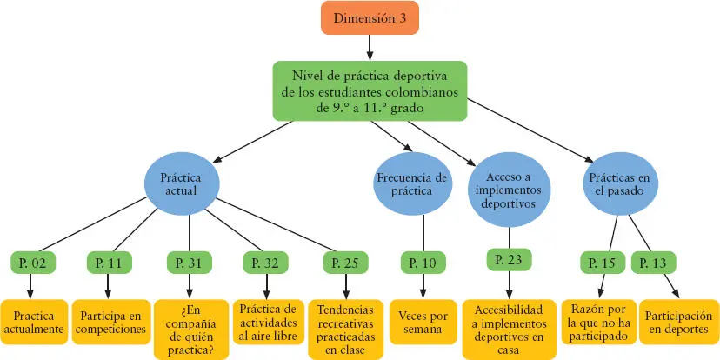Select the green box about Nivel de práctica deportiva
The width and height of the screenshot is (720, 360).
[x=370, y=90]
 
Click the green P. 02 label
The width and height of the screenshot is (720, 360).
[x=31, y=261]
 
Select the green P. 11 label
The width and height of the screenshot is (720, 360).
[x=109, y=261]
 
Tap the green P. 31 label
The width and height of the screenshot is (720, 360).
[x=189, y=261]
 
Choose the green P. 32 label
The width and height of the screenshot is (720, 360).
[x=266, y=261]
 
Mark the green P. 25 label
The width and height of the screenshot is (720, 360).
[x=345, y=261]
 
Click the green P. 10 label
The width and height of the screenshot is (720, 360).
[x=423, y=261]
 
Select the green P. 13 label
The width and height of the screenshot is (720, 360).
[x=653, y=261]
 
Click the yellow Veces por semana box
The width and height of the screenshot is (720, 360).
[x=423, y=323]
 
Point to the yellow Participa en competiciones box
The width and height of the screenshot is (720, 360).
[x=109, y=323]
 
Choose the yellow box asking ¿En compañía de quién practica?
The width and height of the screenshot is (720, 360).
[x=191, y=330]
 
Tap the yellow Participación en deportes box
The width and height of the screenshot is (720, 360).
[x=681, y=323]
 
